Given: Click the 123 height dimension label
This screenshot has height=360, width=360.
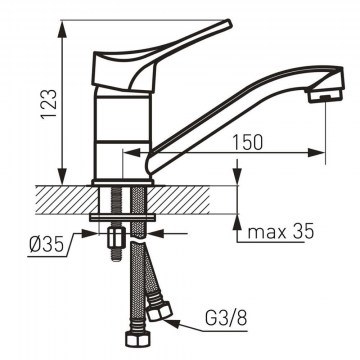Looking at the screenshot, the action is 49,104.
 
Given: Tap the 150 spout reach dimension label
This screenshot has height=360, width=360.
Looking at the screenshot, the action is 247,142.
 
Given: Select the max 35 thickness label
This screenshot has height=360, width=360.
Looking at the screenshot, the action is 281,232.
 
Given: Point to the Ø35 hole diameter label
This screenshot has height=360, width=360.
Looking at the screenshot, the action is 46,246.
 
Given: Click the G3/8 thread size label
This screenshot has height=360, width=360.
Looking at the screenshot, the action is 226,319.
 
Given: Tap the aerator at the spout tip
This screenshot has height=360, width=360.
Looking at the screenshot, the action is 325,96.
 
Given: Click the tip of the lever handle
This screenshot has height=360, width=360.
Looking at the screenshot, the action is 228,22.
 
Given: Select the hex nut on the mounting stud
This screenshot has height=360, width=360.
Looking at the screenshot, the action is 116,237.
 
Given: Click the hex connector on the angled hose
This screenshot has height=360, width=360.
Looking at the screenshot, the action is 160,311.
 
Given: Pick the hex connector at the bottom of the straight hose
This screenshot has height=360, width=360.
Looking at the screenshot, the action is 136,338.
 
